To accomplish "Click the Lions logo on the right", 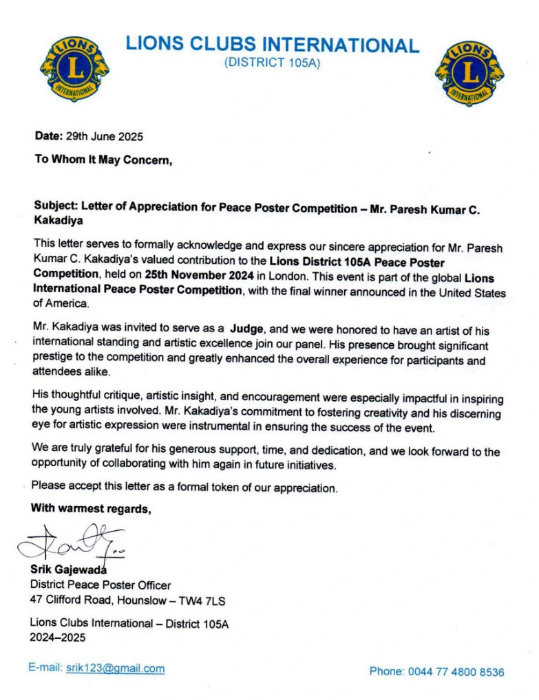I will pyautogui.click(x=469, y=72).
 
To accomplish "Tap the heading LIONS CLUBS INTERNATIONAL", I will pyautogui.click(x=272, y=45).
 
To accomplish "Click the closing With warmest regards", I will pyautogui.click(x=90, y=510).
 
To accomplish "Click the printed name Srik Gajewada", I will pyautogui.click(x=67, y=569).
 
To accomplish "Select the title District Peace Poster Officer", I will pyautogui.click(x=100, y=585).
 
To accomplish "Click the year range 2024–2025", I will pyautogui.click(x=57, y=637).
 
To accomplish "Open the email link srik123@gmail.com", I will pyautogui.click(x=115, y=668).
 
